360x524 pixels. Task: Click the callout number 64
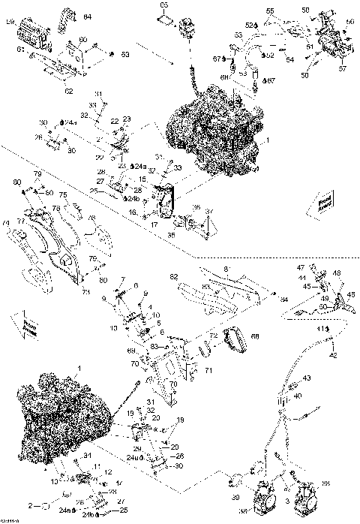[x=87, y=16]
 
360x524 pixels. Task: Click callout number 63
[x=125, y=54]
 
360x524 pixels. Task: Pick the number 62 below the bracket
[x=68, y=91]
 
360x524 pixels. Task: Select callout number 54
[x=289, y=59]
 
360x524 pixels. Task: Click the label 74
[x=6, y=223]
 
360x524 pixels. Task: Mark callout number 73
[x=85, y=291]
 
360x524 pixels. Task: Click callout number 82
[x=175, y=276]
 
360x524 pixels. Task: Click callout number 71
[x=209, y=371]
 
